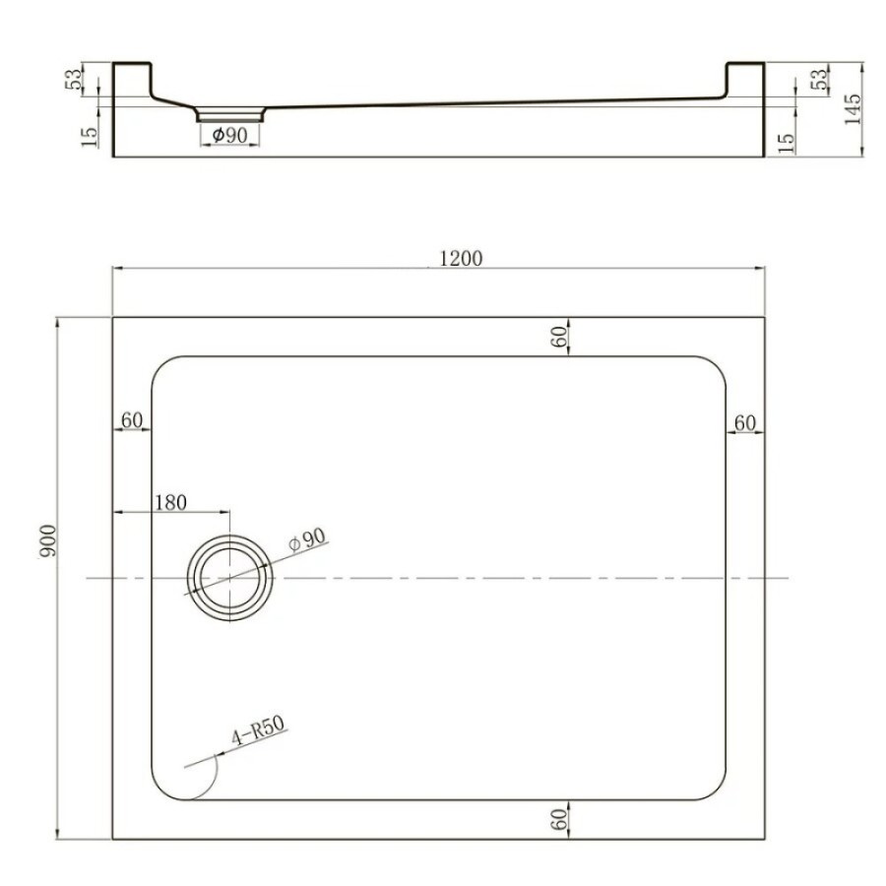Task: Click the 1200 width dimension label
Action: coord(461,258)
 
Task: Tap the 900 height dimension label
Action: coord(47,540)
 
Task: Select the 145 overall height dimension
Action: coord(852,109)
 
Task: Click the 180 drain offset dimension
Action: coord(170,502)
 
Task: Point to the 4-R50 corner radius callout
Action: coord(258,730)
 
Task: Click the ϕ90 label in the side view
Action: coord(230,135)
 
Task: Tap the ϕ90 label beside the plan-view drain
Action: coord(307,539)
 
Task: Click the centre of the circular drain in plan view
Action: coord(230,578)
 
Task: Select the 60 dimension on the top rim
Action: coord(558,337)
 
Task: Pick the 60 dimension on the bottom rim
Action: coord(558,819)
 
